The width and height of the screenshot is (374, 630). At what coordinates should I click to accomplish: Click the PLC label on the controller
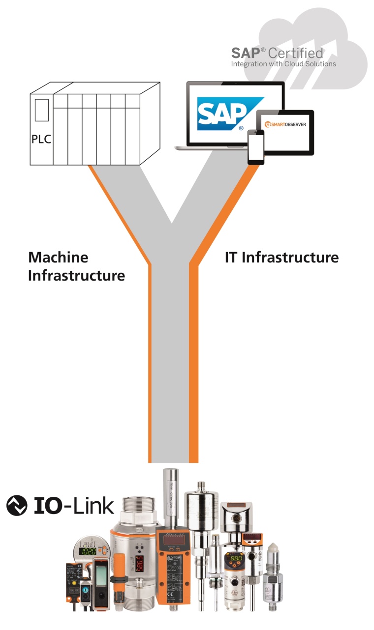(41, 139)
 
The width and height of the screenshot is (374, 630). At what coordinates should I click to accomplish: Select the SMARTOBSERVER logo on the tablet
(285, 124)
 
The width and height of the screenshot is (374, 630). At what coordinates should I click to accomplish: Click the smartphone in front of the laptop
(256, 147)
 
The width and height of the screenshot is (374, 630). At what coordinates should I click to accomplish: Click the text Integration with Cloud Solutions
(283, 64)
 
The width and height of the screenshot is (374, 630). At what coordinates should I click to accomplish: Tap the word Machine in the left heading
(58, 257)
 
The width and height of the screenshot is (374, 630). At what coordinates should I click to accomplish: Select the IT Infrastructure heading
(281, 257)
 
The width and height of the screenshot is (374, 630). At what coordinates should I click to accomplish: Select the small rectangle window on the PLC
(42, 110)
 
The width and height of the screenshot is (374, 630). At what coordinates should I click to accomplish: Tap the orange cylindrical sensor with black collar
(119, 580)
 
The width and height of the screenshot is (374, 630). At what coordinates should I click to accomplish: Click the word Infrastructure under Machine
(76, 275)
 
